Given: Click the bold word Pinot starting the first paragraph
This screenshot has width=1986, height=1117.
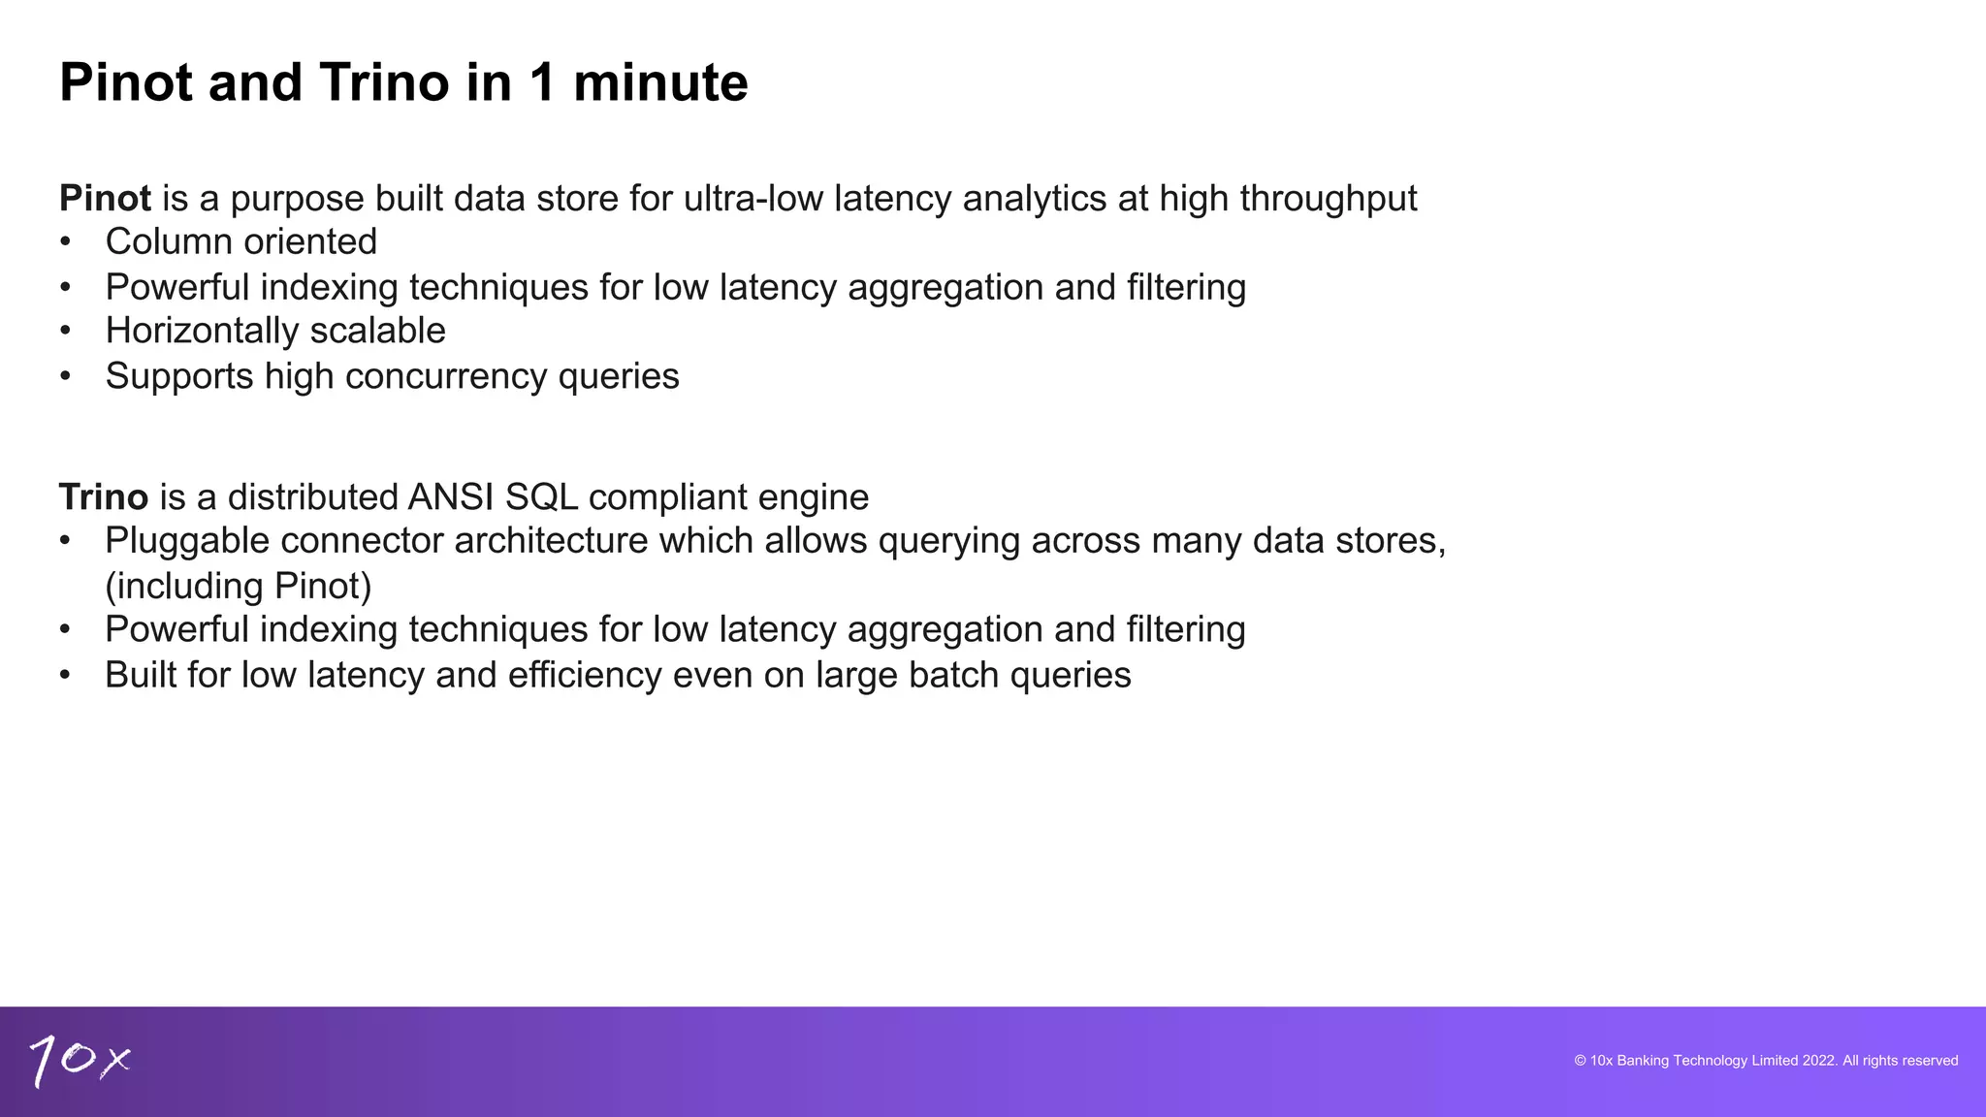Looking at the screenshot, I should point(105,199).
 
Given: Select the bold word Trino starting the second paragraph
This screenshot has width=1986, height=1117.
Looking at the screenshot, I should point(104,497).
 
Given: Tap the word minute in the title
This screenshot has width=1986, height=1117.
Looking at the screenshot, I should point(660,82).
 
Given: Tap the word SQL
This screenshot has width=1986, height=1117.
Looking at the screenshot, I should point(541,497).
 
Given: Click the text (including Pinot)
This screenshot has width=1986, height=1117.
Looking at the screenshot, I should point(239,587).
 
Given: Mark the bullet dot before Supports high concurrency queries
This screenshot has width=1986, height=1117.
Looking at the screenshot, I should point(65,376).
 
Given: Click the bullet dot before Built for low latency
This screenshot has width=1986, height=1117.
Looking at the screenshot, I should point(65,676).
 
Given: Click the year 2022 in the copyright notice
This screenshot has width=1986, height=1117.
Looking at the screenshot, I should point(1819,1061).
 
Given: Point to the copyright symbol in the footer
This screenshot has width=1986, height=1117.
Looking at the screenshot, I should point(1580,1061).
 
